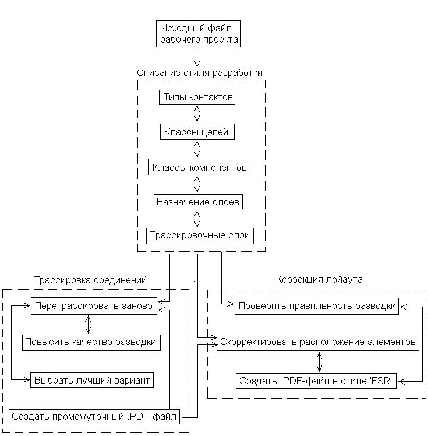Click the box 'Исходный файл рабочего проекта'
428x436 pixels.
coord(199,34)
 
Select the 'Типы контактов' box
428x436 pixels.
coord(197,97)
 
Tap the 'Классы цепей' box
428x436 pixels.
coord(197,132)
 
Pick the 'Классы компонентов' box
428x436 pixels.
coord(199,167)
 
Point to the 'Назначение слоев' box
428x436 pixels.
coord(198,202)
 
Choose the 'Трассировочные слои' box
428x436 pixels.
coord(200,236)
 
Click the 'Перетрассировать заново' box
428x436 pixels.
coord(94,306)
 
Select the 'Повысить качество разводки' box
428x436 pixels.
coord(91,343)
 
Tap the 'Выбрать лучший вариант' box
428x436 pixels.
coord(91,380)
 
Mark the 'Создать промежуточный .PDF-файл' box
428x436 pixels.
coord(94,417)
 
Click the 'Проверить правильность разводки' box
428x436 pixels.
coord(317,306)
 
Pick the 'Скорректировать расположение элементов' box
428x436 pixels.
coord(318,343)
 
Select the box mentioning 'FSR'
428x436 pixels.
coord(316,381)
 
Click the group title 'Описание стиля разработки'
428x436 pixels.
coord(200,73)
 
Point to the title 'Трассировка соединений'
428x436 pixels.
coord(90,280)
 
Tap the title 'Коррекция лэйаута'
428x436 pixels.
coord(319,279)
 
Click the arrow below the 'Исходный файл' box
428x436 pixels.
coord(197,57)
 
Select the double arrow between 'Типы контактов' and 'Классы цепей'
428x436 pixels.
coord(197,114)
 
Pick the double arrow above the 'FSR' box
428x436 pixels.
coord(320,362)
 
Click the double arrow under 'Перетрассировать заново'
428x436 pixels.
coord(88,325)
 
